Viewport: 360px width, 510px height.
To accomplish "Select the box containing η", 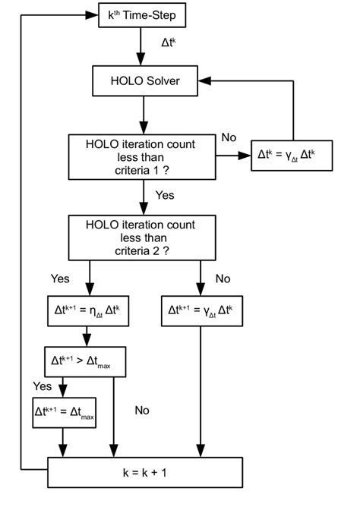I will point(89,311).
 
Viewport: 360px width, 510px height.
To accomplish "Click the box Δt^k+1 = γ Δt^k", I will point(201,311).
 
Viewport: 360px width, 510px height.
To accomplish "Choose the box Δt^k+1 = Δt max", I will point(65,411).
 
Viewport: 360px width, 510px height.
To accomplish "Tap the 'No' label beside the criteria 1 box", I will point(229,137).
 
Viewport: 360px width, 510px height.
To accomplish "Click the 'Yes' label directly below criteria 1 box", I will point(165,196).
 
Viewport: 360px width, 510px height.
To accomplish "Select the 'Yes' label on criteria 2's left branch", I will point(60,279).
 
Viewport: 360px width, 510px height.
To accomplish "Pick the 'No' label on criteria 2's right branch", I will point(223,279).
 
